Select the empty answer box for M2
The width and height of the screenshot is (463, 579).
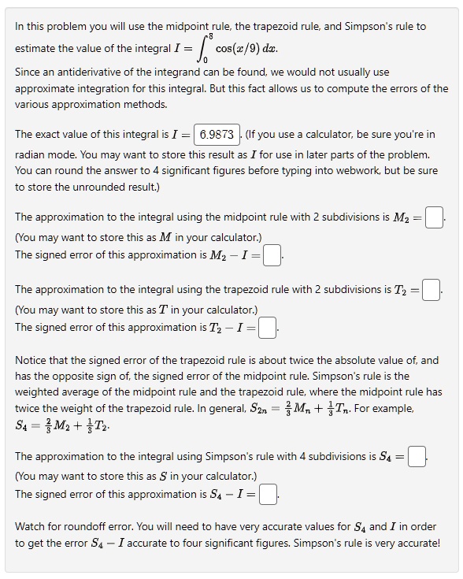point(434,217)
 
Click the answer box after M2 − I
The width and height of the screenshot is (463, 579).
point(272,254)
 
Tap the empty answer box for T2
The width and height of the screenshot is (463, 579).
point(431,290)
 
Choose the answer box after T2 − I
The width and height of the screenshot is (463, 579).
point(268,327)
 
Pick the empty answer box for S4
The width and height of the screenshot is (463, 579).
point(417,456)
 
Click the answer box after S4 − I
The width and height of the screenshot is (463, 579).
point(269,494)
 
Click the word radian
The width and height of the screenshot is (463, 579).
point(32,154)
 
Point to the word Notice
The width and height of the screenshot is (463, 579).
point(33,360)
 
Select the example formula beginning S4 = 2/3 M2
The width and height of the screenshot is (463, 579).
point(62,426)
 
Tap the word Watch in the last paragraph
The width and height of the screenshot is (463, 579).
point(32,525)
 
